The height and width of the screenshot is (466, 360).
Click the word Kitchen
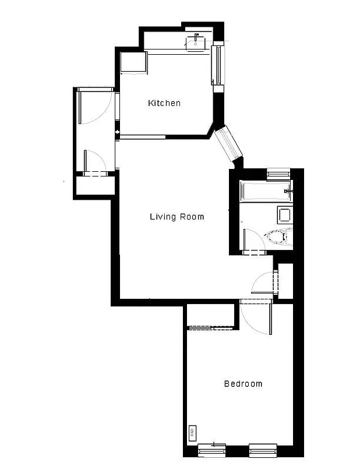click(x=164, y=103)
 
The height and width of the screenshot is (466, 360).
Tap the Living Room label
click(x=177, y=217)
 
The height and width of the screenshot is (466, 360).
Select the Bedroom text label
click(x=243, y=384)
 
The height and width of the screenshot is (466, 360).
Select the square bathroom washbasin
click(x=284, y=214)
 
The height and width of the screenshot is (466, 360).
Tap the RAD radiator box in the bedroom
click(x=192, y=433)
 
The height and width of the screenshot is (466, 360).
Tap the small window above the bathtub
click(x=278, y=173)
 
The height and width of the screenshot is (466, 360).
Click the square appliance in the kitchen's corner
click(x=132, y=62)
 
